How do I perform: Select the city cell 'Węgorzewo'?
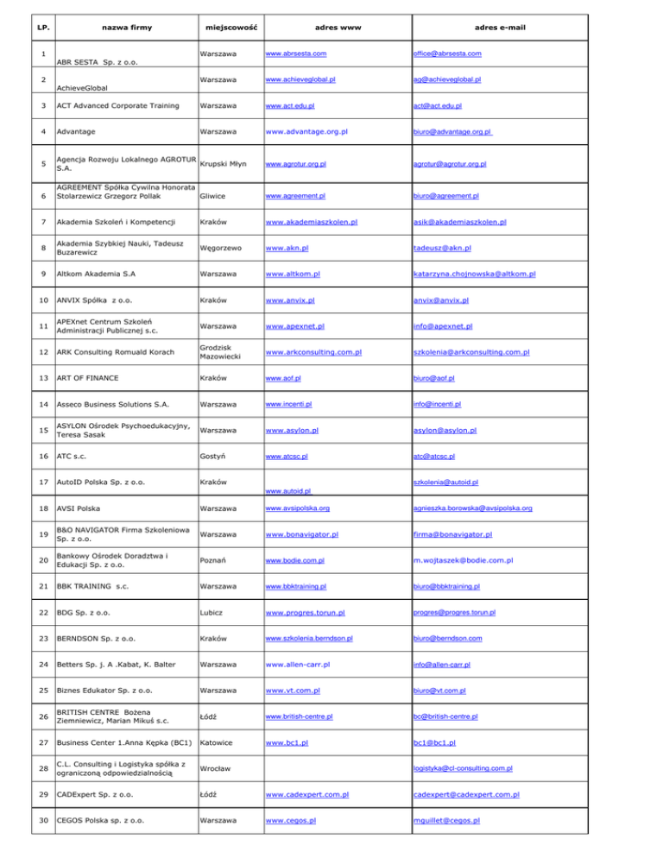click(227, 249)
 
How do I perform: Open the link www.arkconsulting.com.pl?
click(313, 353)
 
